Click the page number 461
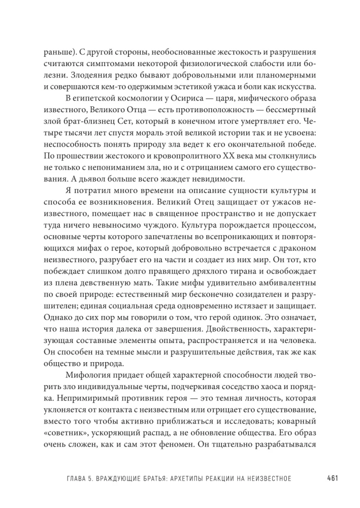pyautogui.click(x=333, y=478)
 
